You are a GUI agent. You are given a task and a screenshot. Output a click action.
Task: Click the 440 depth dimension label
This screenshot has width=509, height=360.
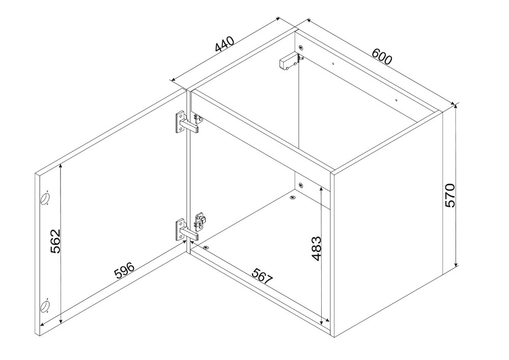click(x=224, y=44)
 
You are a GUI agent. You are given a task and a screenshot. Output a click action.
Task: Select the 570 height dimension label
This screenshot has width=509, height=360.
click(x=450, y=196)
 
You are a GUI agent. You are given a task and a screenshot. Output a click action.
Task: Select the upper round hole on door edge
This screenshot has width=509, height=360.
click(x=45, y=198)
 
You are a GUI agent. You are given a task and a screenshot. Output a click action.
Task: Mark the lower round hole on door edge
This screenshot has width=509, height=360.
click(x=45, y=306)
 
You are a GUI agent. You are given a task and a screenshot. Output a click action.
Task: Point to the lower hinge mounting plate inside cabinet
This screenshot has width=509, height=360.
click(x=200, y=221)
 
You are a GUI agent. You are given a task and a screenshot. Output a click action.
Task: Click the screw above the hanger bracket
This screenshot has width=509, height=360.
click(x=301, y=48)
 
